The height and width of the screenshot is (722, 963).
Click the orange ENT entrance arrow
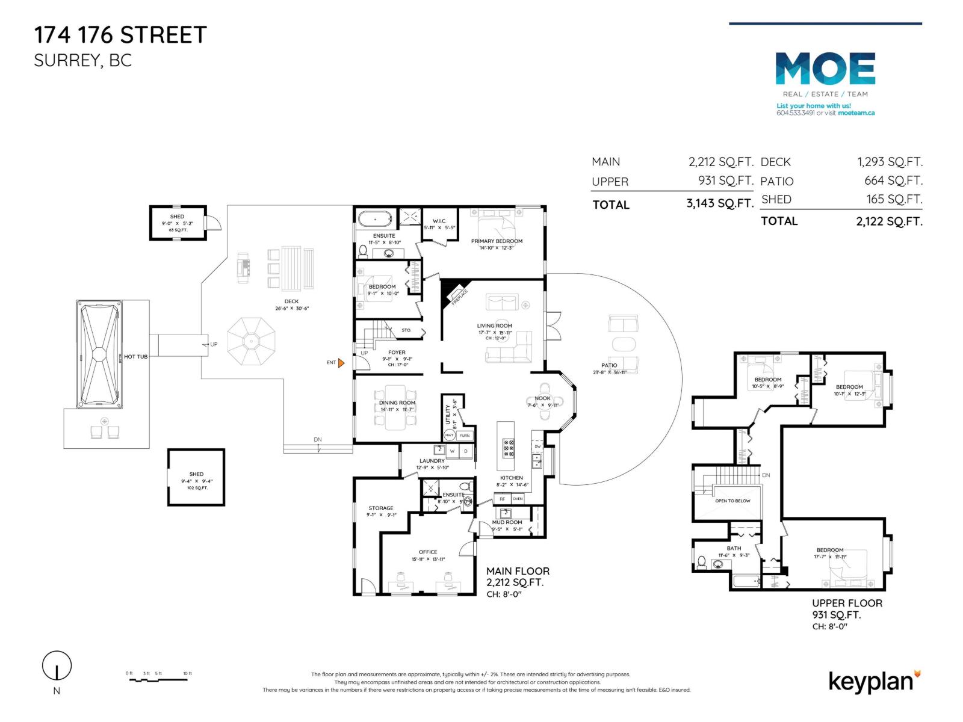point(341,363)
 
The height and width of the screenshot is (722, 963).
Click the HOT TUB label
point(135,357)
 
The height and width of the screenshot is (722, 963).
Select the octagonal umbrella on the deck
point(250,341)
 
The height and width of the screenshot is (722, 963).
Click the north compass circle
point(57,666)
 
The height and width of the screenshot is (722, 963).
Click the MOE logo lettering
point(825,69)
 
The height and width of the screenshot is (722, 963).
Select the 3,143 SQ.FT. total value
point(720,203)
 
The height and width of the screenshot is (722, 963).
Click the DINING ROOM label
point(397,403)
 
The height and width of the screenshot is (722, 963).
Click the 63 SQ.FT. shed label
point(177,230)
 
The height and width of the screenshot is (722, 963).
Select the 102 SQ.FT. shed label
point(196,488)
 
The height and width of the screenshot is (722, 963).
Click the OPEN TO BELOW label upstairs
point(732,501)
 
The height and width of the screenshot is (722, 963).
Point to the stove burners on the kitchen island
point(508,448)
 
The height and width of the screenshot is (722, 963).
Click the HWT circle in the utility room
point(449,435)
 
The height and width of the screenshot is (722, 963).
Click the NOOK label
point(542,398)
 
